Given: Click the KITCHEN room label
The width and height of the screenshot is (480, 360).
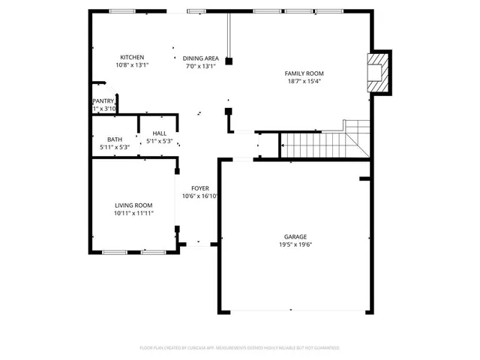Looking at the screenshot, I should click(x=133, y=58).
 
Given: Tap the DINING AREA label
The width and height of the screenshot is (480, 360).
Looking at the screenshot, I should click(x=200, y=58).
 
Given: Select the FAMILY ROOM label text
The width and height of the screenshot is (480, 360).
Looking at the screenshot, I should click(x=302, y=73).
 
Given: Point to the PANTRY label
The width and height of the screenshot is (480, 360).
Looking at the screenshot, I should click(x=103, y=100).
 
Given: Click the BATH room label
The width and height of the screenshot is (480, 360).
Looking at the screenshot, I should click(x=115, y=139).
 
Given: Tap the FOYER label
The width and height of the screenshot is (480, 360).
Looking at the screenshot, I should click(x=199, y=188).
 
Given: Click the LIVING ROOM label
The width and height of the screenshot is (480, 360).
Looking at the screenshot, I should click(x=133, y=205).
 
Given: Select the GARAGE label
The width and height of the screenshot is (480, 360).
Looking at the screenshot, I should click(x=295, y=237).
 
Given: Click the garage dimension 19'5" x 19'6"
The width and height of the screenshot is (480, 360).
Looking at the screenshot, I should click(x=295, y=245).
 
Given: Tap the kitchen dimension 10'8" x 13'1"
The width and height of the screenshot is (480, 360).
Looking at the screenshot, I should click(x=133, y=66).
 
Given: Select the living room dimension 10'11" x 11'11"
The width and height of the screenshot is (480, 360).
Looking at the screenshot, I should click(x=133, y=214).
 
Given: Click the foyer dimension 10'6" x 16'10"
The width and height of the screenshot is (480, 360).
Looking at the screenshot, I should click(x=199, y=196).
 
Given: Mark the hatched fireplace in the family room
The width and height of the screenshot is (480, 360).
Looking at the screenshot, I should click(x=379, y=72).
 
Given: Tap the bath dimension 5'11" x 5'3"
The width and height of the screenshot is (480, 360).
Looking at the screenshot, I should click(x=115, y=147).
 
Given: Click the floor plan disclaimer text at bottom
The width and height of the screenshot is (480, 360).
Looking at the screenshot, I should click(x=239, y=348).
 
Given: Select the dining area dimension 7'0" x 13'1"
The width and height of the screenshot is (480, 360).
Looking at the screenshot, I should click(x=200, y=66).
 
